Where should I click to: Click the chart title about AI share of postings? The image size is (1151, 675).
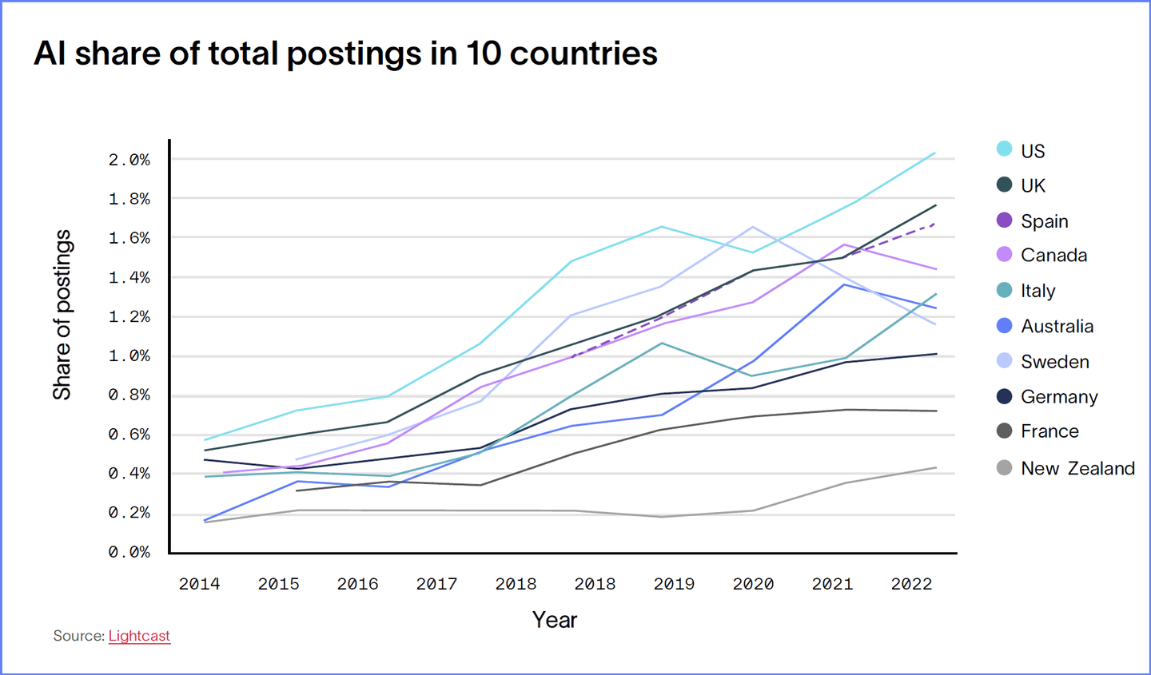[x=345, y=54]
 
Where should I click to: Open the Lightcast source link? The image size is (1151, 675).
[x=139, y=636]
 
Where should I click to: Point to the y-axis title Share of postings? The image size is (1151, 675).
[x=62, y=315]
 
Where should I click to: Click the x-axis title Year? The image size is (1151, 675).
[x=555, y=620]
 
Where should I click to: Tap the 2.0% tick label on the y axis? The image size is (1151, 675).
[x=129, y=160]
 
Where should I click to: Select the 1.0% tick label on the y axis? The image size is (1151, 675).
[x=129, y=355]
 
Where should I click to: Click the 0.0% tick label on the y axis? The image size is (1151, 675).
[x=129, y=552]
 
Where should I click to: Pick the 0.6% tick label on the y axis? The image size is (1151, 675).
[x=129, y=435]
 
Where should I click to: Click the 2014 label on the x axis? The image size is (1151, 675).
[x=199, y=584]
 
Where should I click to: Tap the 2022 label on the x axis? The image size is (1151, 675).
[x=911, y=584]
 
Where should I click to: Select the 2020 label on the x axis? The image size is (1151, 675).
[x=753, y=584]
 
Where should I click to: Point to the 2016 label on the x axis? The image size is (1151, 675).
[x=357, y=584]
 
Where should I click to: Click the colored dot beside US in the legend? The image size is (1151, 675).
[x=1005, y=149]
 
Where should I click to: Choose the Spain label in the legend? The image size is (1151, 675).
[x=1044, y=221]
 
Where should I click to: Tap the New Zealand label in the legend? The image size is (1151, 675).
[x=1077, y=468]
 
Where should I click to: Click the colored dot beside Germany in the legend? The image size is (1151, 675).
[x=1005, y=396]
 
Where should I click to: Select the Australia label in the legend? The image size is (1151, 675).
[x=1057, y=326]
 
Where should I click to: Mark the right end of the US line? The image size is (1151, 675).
[x=935, y=153]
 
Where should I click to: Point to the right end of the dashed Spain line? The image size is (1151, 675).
[x=935, y=224]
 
